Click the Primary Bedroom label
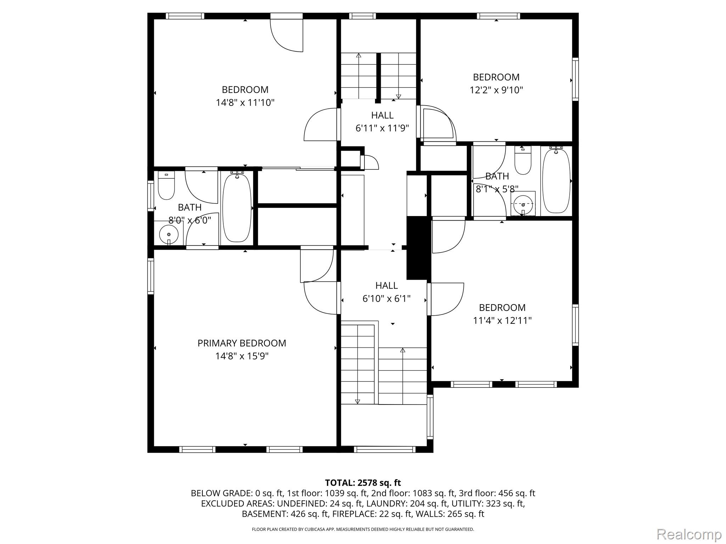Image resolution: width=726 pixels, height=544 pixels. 242,343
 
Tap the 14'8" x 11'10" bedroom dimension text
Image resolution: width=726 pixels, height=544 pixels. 245,103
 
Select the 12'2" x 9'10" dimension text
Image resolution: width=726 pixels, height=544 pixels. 496,90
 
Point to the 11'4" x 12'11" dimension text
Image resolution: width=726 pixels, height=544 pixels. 502,321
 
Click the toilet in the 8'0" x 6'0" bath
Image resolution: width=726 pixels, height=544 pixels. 166,185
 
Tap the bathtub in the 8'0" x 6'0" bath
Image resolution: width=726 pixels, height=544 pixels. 237,208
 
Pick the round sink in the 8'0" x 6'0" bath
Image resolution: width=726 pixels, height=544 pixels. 168,234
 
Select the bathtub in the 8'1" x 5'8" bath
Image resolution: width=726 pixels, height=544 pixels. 557,181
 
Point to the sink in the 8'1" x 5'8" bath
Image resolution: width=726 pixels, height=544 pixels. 523,204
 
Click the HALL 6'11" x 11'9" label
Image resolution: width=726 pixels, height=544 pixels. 382,121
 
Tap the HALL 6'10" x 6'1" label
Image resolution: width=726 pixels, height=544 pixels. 386,292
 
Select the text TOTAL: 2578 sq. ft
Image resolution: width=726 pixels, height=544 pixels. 363,483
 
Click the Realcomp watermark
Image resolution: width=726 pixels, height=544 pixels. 689,534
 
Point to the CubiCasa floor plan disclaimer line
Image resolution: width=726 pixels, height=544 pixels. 363,529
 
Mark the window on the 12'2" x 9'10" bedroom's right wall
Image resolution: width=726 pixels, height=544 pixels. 575,79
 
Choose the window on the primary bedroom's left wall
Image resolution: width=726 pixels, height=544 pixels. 151,276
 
